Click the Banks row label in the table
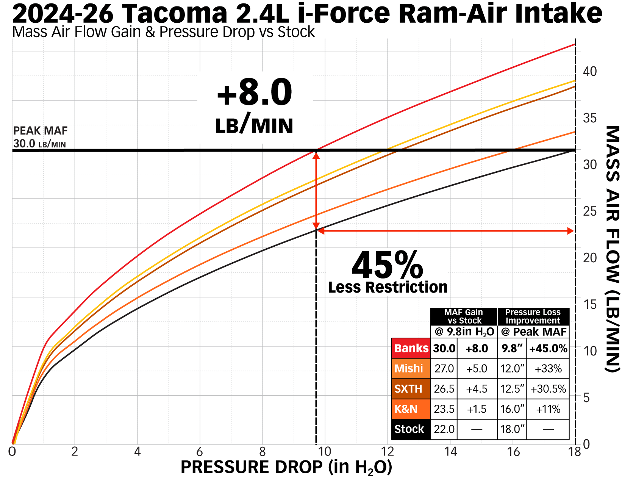(x=411, y=348)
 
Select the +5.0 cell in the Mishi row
(x=477, y=369)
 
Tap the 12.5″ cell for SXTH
(x=512, y=389)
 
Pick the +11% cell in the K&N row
(x=548, y=409)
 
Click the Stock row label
(x=409, y=429)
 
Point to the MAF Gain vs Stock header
(x=464, y=316)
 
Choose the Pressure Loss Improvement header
(x=533, y=316)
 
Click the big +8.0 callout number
(x=254, y=92)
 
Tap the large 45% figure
(x=387, y=265)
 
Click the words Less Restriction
(x=388, y=287)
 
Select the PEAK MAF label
(x=40, y=131)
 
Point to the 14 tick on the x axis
(x=450, y=452)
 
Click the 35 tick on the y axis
(x=590, y=118)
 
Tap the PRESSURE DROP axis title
(x=286, y=467)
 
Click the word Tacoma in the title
(x=175, y=14)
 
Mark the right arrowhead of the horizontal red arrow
(x=570, y=231)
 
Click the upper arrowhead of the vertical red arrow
(x=316, y=155)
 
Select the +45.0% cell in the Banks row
(x=548, y=349)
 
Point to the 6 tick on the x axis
(x=200, y=452)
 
